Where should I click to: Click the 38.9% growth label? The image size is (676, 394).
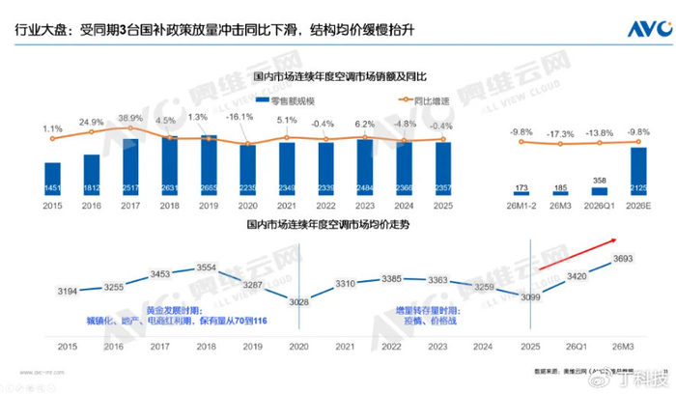[130, 118]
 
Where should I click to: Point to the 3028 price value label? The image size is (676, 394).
[299, 302]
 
